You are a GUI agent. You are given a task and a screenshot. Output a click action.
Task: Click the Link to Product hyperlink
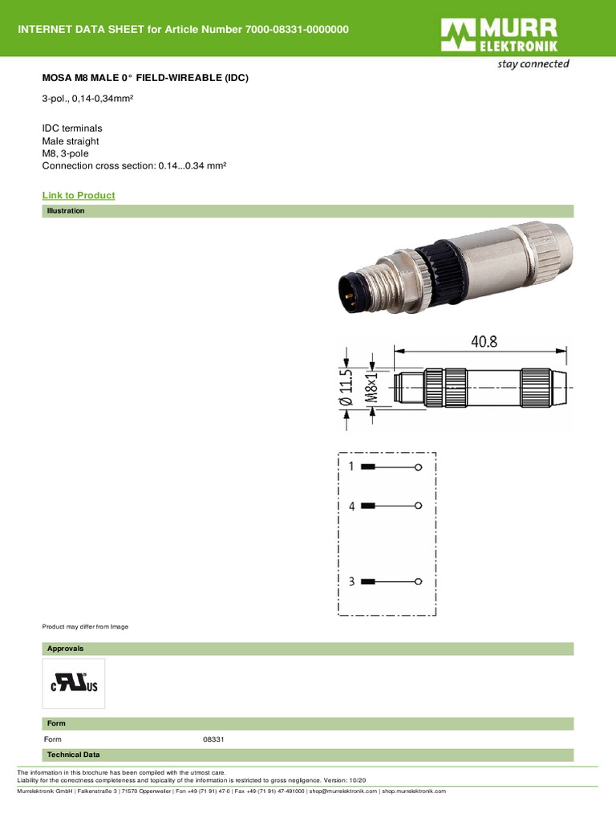[x=78, y=195]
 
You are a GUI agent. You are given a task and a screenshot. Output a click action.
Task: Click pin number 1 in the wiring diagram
[x=351, y=466]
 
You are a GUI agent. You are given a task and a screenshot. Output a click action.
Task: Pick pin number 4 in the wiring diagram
[x=351, y=506]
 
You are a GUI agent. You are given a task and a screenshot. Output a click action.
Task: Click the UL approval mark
[x=74, y=684]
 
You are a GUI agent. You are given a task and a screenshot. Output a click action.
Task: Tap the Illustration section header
[x=66, y=211]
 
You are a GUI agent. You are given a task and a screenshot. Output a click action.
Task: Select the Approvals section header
[x=65, y=649]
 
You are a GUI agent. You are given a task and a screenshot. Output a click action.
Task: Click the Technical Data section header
[x=73, y=755]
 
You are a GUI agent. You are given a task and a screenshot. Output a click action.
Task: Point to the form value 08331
[x=214, y=739]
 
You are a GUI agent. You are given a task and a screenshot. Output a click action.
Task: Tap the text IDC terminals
[x=72, y=128]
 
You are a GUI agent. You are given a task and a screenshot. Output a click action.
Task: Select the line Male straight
[x=71, y=141]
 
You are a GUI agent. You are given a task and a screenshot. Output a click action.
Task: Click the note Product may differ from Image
[x=85, y=626]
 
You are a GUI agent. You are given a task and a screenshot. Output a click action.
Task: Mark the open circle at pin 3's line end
[x=418, y=581]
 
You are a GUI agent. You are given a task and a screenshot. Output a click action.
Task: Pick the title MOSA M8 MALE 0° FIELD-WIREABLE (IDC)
[x=145, y=79]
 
